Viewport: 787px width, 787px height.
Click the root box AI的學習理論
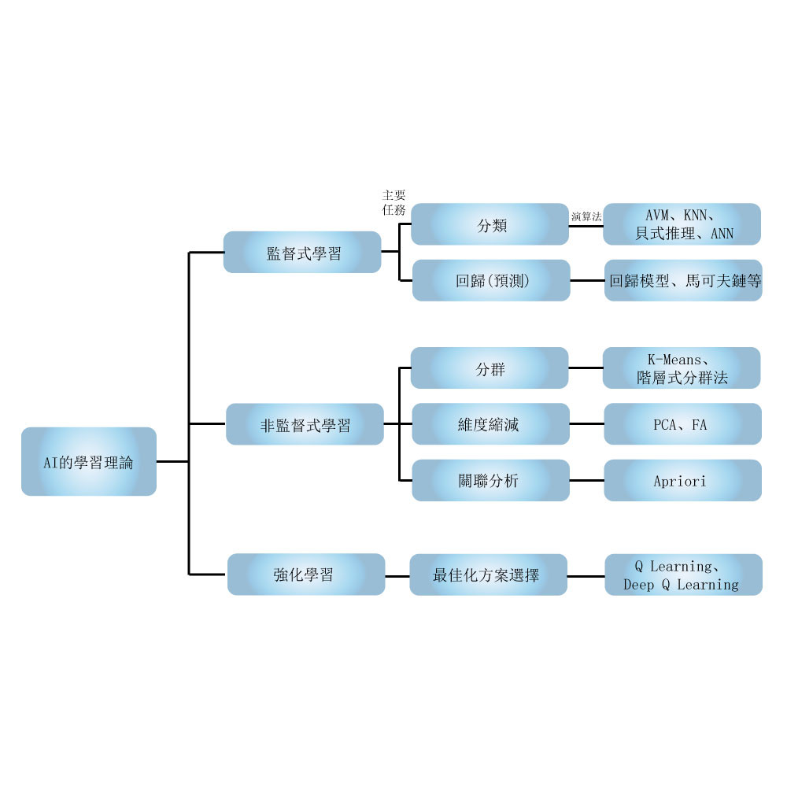click(89, 461)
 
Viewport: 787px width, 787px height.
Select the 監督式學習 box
click(302, 253)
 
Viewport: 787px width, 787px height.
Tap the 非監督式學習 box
click(305, 424)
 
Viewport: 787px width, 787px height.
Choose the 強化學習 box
click(306, 575)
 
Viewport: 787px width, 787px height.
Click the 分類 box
click(490, 224)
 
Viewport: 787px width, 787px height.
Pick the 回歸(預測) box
click(491, 280)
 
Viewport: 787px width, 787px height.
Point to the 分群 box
click(490, 368)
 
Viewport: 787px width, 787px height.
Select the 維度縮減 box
click(490, 424)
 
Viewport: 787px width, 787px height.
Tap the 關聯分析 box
click(490, 480)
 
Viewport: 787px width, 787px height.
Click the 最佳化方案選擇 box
click(488, 575)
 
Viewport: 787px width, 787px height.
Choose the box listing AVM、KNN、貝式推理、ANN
click(682, 224)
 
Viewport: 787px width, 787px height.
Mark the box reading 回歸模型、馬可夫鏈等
click(683, 280)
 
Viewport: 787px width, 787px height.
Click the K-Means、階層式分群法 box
click(682, 368)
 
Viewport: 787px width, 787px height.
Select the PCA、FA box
click(682, 424)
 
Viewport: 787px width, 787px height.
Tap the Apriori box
click(682, 480)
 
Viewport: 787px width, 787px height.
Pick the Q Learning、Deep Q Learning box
click(683, 575)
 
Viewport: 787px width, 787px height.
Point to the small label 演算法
click(586, 216)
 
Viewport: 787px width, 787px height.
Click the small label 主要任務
click(393, 202)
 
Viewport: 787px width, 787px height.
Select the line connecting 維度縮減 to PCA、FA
click(586, 424)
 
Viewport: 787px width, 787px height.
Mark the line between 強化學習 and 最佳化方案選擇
click(397, 575)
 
